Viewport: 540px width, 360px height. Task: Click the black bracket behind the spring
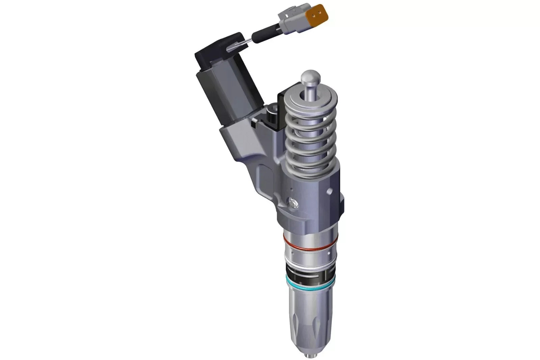coord(280,111)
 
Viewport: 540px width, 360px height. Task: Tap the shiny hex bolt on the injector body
coord(292,203)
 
